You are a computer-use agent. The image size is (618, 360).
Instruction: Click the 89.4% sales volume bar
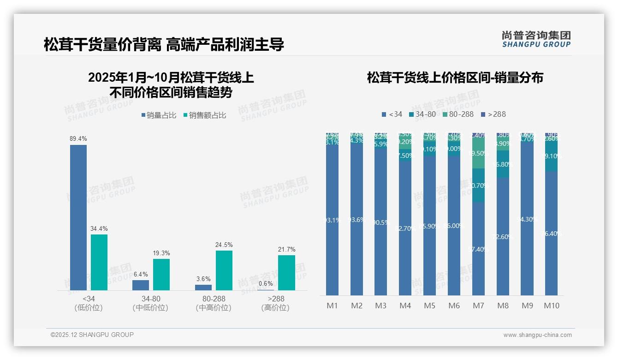78,217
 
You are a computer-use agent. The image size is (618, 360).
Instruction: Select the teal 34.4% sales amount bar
99,262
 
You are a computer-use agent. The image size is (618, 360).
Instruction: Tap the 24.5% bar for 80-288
224,270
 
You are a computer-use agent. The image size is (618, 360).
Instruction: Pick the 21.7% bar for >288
286,273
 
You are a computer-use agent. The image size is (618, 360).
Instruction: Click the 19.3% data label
161,253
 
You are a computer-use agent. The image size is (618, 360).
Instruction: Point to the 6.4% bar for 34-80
141,285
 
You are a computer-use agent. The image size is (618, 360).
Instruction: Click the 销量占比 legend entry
159,115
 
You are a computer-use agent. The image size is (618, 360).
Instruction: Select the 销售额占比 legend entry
205,115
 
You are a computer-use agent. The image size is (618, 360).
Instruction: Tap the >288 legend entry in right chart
493,114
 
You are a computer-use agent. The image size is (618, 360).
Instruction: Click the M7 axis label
478,306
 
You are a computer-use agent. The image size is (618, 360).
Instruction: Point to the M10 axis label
551,306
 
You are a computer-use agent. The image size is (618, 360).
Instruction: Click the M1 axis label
332,306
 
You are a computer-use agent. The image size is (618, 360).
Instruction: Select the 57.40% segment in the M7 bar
478,249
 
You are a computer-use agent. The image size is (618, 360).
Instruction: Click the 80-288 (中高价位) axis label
214,303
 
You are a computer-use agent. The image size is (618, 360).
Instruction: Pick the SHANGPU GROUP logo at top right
536,39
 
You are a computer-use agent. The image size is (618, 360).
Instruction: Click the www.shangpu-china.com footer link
537,335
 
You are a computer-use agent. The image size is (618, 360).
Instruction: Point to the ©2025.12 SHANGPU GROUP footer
92,335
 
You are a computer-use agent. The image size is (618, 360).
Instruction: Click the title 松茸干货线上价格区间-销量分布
455,78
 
